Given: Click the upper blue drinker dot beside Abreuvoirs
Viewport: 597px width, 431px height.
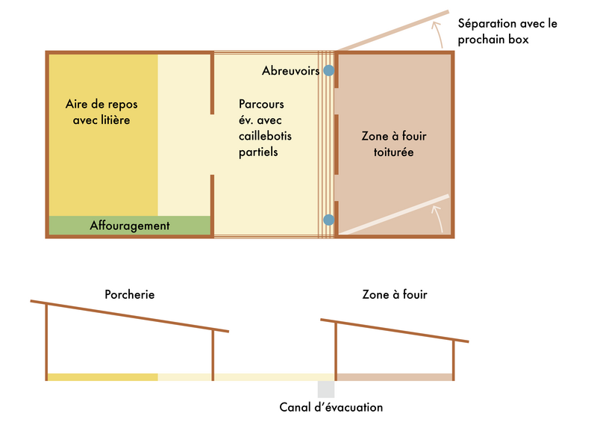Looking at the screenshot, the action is pos(329,70).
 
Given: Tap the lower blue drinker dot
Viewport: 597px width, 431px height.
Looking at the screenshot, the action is pos(329,220).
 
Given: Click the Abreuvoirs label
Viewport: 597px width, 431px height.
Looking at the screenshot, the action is pos(290,70).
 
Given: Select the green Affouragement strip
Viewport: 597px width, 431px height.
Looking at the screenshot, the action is pos(129,226).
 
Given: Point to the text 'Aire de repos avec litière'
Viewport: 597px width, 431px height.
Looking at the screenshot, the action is pos(101,112).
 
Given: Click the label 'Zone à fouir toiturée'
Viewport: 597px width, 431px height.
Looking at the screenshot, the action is pos(394,144).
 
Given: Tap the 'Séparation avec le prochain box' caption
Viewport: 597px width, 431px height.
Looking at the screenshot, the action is pos(507,31).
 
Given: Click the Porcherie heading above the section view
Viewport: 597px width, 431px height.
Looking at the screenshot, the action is pos(129,294).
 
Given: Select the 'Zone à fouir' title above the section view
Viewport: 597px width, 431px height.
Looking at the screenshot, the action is pos(395,294).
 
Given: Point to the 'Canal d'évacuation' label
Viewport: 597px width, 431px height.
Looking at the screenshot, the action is pos(331,407).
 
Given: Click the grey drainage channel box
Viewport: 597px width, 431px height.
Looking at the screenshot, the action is pos(326,389).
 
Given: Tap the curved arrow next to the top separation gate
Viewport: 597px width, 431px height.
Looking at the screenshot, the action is pos(438,34).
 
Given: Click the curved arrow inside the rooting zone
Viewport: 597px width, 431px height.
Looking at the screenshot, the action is pos(438,218).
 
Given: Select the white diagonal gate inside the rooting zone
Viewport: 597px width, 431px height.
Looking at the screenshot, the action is pos(394,214).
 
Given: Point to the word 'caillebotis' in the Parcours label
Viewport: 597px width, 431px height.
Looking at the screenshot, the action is pos(265,136).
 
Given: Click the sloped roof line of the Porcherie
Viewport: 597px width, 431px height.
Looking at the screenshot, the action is pos(129,316).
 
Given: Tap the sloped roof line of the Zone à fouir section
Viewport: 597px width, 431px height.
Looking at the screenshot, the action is pos(395,331).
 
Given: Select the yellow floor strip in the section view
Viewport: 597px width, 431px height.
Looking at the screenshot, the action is pos(103,377).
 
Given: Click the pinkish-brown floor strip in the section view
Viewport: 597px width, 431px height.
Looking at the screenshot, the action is pos(395,377).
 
